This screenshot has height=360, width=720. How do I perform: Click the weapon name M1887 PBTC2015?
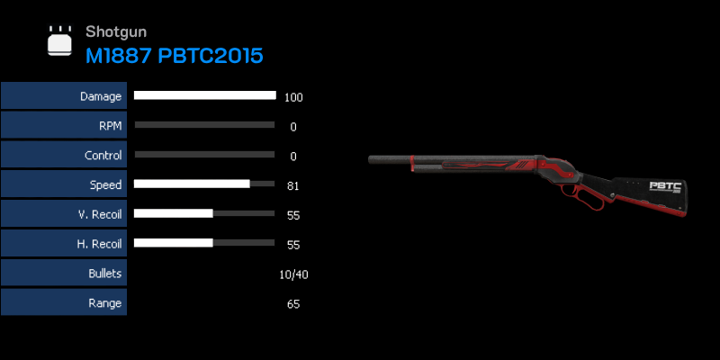175,56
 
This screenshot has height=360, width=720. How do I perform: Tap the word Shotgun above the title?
116,31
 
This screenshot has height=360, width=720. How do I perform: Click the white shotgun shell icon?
59,40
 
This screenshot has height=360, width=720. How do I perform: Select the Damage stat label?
101,96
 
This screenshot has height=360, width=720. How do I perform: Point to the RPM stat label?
111,126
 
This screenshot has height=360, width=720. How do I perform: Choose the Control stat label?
103,156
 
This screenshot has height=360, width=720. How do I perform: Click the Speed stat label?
105,185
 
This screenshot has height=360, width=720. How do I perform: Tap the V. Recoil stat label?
100,214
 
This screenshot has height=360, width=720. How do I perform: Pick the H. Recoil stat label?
100,244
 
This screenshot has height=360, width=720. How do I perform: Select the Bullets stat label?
105,274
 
